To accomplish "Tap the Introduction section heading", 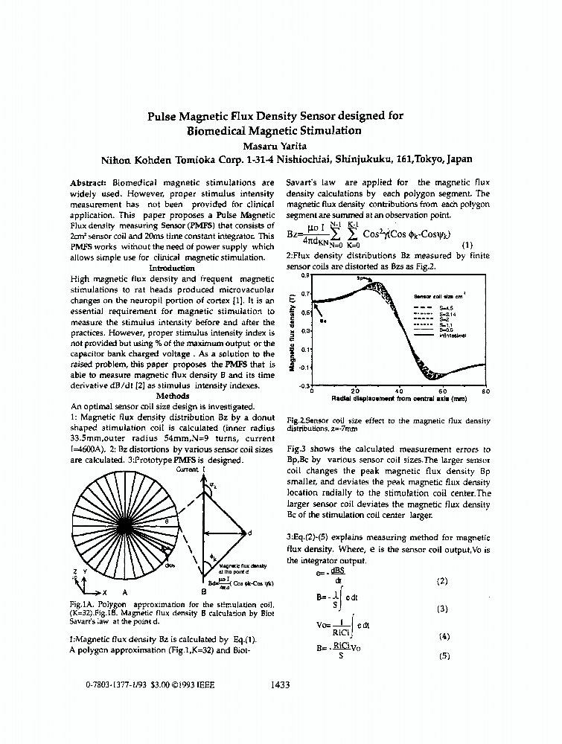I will [173, 267].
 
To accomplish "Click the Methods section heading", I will [172, 397].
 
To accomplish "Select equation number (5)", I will [444, 656].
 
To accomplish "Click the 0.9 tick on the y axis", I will [304, 275].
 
